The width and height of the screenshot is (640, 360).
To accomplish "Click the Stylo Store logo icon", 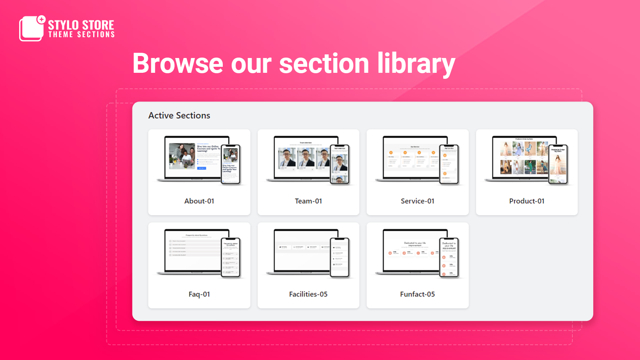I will coord(31,28).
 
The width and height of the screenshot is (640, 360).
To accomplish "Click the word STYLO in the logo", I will coord(63,25).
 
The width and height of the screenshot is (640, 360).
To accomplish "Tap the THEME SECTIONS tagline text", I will coord(82,35).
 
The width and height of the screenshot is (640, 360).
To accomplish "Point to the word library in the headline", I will coord(416,64).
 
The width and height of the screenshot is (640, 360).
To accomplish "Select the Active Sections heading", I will coord(179,116).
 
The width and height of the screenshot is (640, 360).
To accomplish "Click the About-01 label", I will coord(199,201).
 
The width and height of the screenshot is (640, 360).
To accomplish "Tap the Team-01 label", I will coord(308,201).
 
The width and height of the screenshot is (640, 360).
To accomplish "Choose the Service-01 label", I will coord(418,201).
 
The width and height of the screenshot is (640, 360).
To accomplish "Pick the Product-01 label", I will coord(527,201).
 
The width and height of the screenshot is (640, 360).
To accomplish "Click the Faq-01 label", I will coord(199,294).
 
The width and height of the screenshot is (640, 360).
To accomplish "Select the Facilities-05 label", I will coord(308,294).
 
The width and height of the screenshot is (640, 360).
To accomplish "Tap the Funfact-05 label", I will coord(418,294).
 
